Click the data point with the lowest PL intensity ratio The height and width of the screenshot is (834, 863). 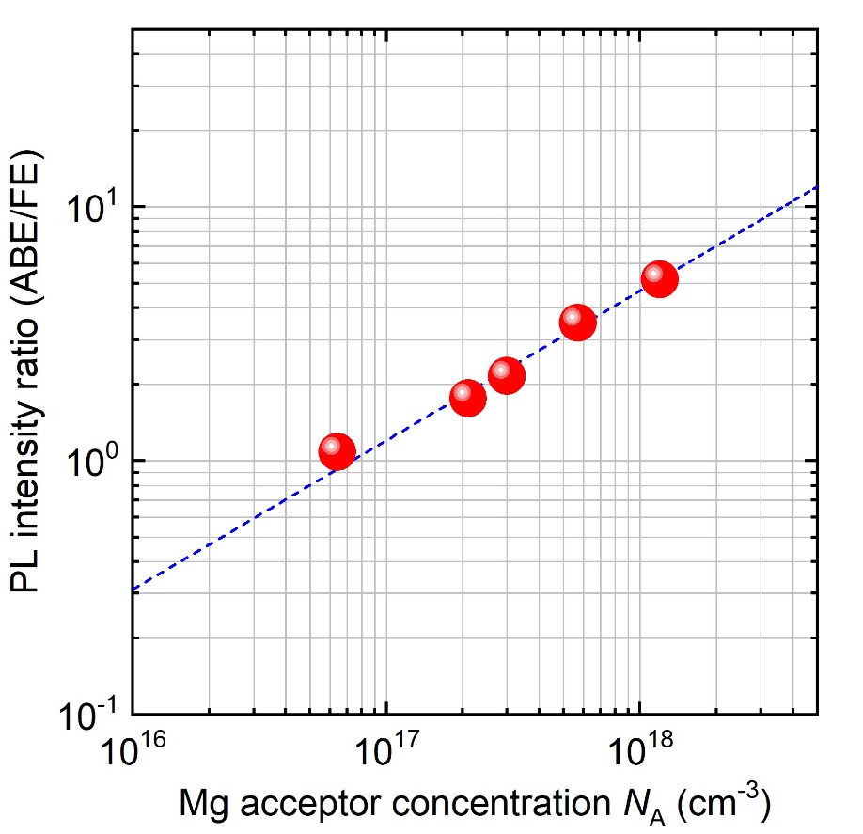click(337, 451)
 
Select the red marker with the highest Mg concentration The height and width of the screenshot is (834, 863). click(659, 279)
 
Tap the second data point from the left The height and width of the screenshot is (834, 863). click(468, 398)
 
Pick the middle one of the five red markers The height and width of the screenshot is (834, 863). click(507, 375)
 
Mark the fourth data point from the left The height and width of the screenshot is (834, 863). click(578, 323)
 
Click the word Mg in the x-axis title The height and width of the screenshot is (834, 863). click(204, 806)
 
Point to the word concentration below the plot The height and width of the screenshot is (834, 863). click(501, 804)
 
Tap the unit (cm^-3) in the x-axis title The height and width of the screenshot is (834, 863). click(724, 803)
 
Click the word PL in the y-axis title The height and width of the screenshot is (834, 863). click(25, 569)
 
